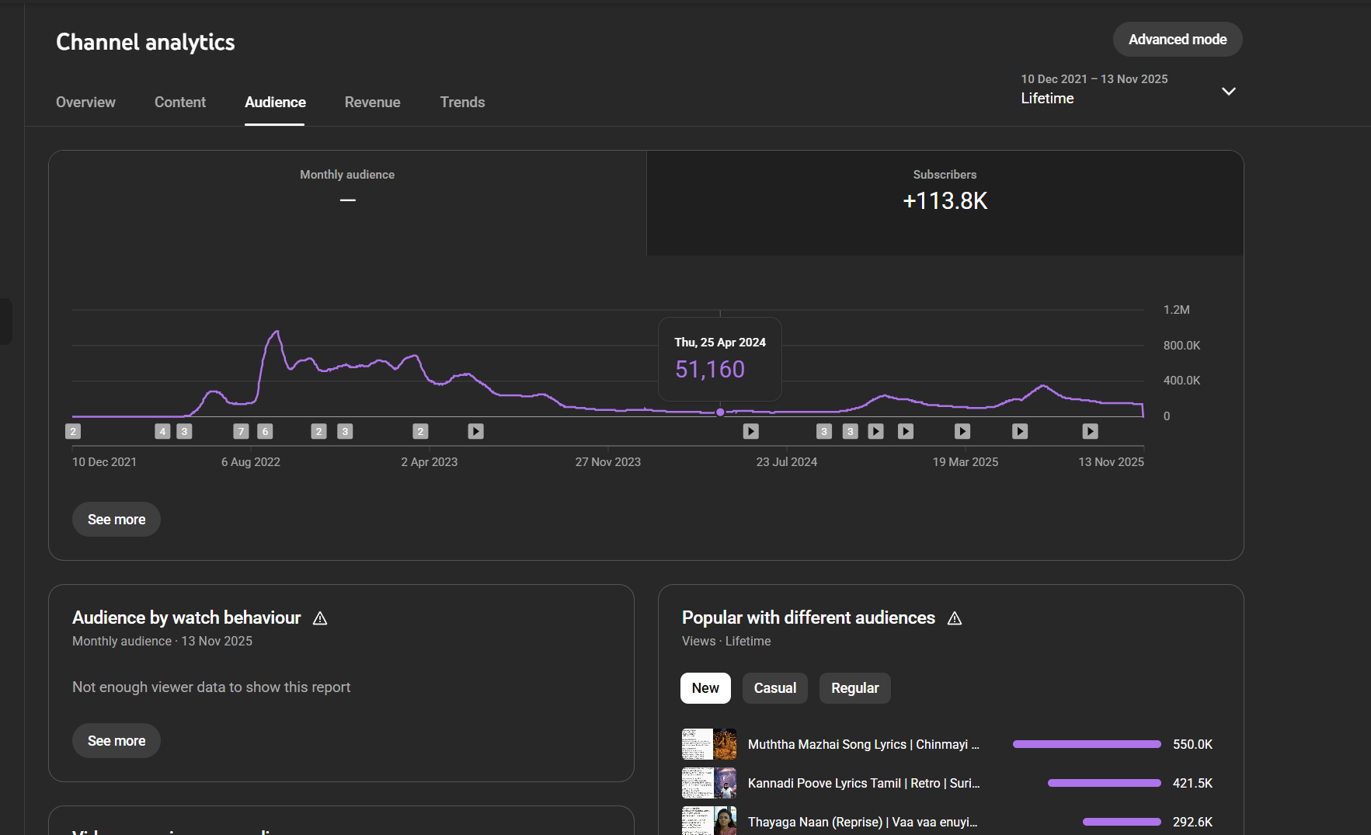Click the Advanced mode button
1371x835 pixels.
coord(1177,40)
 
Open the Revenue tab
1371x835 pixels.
coord(372,103)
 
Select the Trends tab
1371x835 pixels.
coord(462,103)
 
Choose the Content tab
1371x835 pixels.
coord(180,103)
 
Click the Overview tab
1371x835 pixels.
coord(85,103)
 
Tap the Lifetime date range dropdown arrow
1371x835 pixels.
coord(1228,92)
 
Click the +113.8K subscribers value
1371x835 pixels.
coord(945,201)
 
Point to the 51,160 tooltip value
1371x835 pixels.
coord(709,370)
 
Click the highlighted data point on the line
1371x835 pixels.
coord(720,412)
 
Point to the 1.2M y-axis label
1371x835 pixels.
coord(1176,310)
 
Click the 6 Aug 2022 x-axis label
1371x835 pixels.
coord(250,462)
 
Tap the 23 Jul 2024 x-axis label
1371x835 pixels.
coord(786,462)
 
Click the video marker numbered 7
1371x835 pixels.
coord(241,432)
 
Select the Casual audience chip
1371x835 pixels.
coord(774,688)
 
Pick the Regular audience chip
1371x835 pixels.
coord(854,688)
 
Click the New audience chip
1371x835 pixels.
coord(705,688)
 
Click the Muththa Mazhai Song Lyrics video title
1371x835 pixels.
coord(863,745)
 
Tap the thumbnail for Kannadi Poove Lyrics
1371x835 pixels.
coord(709,783)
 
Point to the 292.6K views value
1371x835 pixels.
coord(1192,822)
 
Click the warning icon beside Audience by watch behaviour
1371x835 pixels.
coord(320,618)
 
